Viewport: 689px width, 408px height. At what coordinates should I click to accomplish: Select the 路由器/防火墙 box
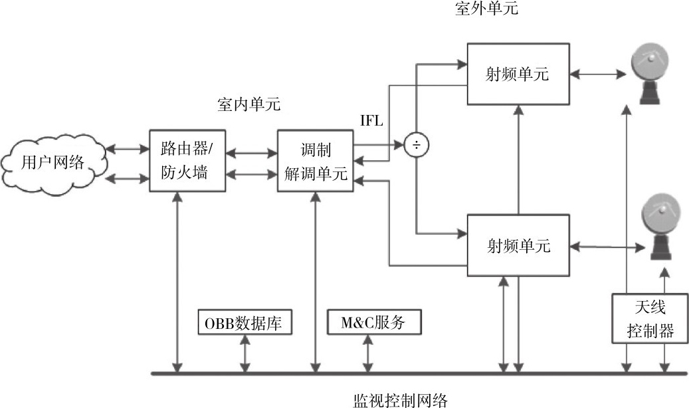click(184, 161)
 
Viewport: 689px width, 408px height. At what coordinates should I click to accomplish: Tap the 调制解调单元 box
click(315, 161)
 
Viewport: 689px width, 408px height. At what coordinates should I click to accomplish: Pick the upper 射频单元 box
click(518, 74)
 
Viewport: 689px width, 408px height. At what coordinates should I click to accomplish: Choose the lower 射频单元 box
click(518, 246)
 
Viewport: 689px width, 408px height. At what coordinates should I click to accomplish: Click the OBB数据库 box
click(246, 323)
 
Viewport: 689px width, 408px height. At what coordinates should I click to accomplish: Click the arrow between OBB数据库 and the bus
click(246, 354)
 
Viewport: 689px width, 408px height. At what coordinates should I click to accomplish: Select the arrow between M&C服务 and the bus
click(367, 354)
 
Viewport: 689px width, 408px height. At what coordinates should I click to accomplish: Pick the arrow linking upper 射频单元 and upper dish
click(599, 74)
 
